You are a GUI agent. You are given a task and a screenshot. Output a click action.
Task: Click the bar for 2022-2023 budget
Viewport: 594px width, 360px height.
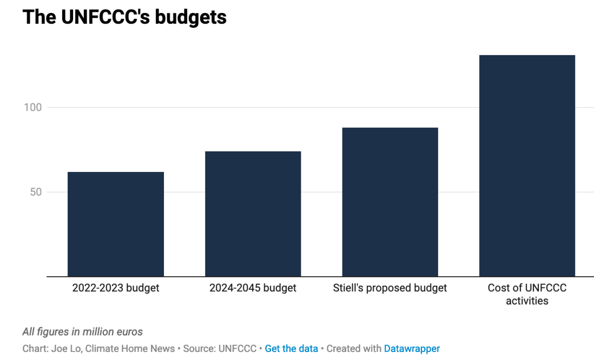pyautogui.click(x=115, y=224)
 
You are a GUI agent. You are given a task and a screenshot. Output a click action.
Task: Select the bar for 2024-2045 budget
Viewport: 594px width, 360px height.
pyautogui.click(x=253, y=214)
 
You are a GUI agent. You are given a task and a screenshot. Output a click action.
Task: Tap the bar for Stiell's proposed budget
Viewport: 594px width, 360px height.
pyautogui.click(x=390, y=202)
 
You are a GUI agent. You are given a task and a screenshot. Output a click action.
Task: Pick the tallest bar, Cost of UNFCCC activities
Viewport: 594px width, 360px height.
pyautogui.click(x=527, y=166)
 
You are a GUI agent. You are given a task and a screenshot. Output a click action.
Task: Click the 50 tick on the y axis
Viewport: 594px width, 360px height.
pyautogui.click(x=36, y=192)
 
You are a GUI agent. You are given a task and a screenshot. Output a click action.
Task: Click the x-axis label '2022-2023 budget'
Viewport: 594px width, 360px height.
pyautogui.click(x=115, y=288)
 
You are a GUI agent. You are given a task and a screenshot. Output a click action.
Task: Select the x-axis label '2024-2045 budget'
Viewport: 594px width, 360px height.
pyautogui.click(x=253, y=288)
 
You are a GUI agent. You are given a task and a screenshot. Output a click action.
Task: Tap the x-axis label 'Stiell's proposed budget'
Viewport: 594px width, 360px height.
pyautogui.click(x=390, y=288)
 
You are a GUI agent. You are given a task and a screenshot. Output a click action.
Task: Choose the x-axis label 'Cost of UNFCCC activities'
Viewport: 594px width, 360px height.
pyautogui.click(x=527, y=295)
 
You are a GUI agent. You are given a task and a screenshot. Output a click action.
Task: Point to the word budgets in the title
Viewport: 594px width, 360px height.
pyautogui.click(x=190, y=17)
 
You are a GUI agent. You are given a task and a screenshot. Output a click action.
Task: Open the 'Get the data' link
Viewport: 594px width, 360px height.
pyautogui.click(x=291, y=349)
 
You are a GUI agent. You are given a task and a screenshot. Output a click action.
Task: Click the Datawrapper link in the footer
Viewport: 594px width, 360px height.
pyautogui.click(x=412, y=349)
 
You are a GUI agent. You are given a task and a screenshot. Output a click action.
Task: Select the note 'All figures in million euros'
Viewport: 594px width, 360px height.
pyautogui.click(x=82, y=331)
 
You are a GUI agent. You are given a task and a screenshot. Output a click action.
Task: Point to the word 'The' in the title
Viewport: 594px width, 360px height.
pyautogui.click(x=39, y=17)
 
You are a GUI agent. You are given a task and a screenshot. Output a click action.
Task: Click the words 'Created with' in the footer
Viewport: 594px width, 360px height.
pyautogui.click(x=354, y=349)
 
